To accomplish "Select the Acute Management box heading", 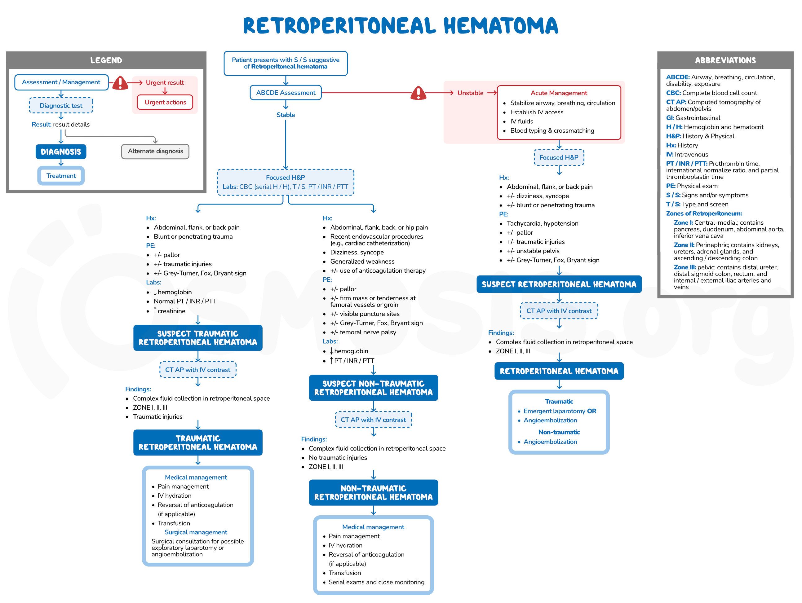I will [x=559, y=93].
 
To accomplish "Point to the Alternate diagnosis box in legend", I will [x=155, y=151].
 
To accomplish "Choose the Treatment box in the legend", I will [x=61, y=176].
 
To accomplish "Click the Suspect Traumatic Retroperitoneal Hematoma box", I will [x=197, y=338].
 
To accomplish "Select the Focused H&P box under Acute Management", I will [x=559, y=157].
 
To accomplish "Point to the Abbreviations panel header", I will [x=725, y=60].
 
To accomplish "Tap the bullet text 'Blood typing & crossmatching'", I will [x=552, y=131].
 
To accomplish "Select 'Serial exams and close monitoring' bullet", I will [x=376, y=582].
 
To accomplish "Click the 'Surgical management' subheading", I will [x=196, y=532].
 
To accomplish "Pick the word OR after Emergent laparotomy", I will [x=592, y=411].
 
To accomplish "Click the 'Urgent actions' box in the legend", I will [x=165, y=102].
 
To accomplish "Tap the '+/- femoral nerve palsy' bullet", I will [x=363, y=332].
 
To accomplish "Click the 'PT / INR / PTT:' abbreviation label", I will [x=686, y=164].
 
